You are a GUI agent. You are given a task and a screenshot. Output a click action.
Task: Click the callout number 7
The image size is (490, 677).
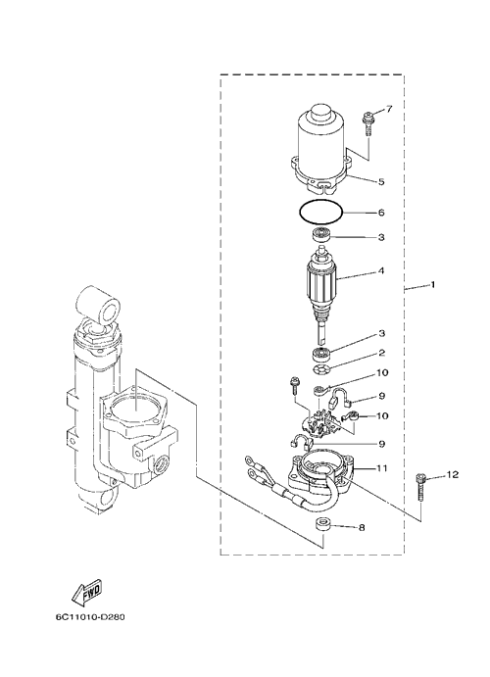point(389,109)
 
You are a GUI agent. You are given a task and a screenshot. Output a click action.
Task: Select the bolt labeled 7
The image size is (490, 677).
point(368,123)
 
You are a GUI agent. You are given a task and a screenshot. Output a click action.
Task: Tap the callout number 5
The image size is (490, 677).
point(381,182)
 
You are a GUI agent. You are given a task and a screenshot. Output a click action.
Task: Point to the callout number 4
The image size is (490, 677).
point(381,271)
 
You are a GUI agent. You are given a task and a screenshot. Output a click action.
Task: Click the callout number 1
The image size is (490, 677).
point(432,284)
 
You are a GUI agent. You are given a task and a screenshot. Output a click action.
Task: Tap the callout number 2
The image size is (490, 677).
point(381,353)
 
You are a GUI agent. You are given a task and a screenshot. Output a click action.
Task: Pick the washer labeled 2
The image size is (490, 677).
point(321,370)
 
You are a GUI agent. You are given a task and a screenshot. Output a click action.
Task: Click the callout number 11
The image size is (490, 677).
point(382,468)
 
